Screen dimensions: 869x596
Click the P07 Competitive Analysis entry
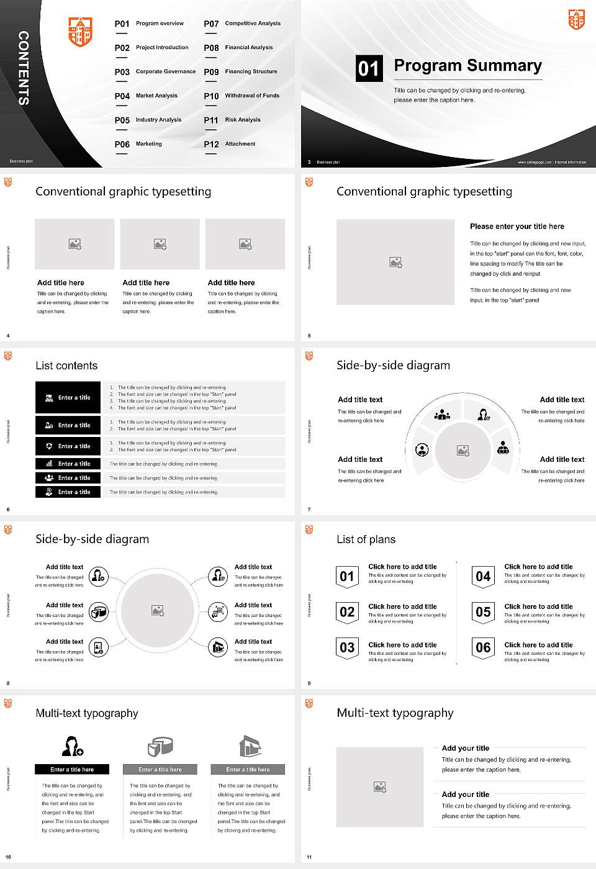tap(242, 24)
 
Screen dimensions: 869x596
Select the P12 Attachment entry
tap(230, 144)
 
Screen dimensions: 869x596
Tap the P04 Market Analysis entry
tap(147, 96)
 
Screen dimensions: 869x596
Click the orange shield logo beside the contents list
tap(80, 32)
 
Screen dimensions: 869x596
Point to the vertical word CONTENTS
tap(24, 68)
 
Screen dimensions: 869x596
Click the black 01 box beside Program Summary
tap(369, 68)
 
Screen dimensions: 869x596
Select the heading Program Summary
tap(467, 66)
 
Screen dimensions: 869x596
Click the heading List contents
tap(66, 366)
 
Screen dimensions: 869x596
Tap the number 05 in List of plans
tap(483, 612)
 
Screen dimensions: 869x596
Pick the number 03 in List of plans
tap(347, 648)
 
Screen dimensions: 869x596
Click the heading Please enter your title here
tap(517, 227)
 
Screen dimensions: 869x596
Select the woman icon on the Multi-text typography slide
tap(72, 745)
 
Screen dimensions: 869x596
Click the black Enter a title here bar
tap(72, 769)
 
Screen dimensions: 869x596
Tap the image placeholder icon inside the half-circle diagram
tap(463, 450)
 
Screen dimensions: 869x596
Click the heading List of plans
tap(366, 539)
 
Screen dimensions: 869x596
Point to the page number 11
tap(309, 857)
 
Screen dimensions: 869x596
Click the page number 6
tap(8, 510)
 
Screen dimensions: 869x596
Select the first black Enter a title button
tap(68, 397)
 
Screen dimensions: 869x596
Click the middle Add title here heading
tap(146, 282)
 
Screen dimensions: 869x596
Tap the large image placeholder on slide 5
tap(395, 262)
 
